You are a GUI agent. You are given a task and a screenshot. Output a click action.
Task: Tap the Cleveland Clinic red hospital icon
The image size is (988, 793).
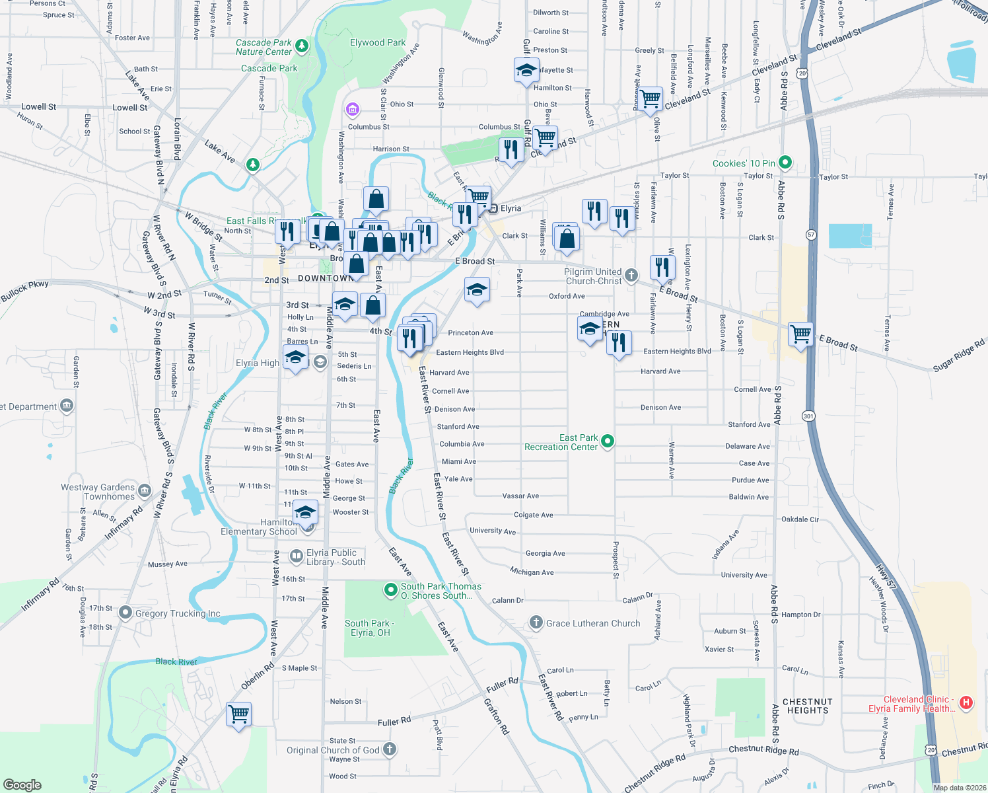tap(966, 703)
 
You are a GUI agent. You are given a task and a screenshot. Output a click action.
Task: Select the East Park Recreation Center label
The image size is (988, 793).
tap(561, 443)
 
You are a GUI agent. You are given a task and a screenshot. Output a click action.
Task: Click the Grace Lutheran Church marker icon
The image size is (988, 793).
tap(536, 623)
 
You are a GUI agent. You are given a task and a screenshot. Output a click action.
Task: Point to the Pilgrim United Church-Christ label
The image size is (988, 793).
tap(592, 276)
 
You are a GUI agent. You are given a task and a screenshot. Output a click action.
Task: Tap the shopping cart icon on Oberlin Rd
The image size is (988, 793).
tap(238, 714)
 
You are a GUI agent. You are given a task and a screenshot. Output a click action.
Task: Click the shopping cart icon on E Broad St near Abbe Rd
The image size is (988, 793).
tap(800, 334)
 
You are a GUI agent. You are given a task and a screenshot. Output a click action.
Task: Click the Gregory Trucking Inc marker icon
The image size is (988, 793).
tap(125, 613)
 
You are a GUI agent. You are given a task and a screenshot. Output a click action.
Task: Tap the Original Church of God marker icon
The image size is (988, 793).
tap(390, 749)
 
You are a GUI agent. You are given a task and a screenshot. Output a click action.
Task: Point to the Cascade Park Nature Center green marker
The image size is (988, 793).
tap(302, 46)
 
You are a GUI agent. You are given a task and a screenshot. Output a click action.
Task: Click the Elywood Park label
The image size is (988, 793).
tap(378, 42)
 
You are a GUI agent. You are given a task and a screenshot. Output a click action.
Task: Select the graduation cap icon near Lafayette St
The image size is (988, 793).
tap(526, 70)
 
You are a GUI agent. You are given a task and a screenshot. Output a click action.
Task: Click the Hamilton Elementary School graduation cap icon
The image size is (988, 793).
tap(305, 513)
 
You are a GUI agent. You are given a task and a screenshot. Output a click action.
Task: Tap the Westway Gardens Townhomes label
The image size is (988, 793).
tap(98, 492)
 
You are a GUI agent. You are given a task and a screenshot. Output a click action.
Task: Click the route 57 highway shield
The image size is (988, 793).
tap(811, 235)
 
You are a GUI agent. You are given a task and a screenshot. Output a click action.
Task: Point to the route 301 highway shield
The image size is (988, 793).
tap(808, 416)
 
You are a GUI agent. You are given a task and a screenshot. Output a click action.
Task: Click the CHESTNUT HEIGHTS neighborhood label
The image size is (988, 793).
tap(807, 706)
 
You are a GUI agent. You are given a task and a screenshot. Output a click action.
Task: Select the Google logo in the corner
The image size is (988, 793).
tap(22, 784)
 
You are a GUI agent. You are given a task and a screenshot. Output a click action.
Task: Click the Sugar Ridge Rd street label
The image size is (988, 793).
tap(958, 355)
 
